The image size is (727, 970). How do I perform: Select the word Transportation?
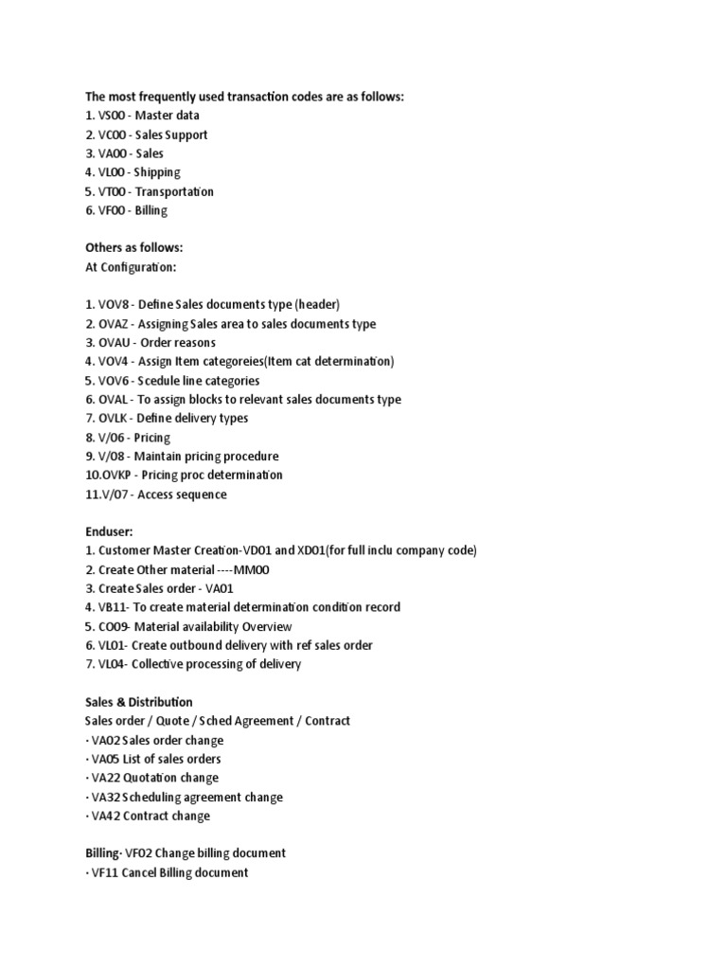(177, 191)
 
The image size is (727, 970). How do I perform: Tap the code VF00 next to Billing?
(113, 210)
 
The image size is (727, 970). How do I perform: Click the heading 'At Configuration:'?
(131, 267)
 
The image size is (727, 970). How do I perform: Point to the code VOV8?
(114, 305)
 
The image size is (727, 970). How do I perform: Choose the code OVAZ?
(114, 324)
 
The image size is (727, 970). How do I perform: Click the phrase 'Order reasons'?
(178, 343)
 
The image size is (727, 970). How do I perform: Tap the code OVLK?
(114, 418)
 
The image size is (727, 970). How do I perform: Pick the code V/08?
(113, 456)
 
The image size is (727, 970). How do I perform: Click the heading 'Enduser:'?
(109, 531)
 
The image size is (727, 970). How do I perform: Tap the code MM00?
(258, 569)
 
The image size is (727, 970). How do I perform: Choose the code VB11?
(113, 607)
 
